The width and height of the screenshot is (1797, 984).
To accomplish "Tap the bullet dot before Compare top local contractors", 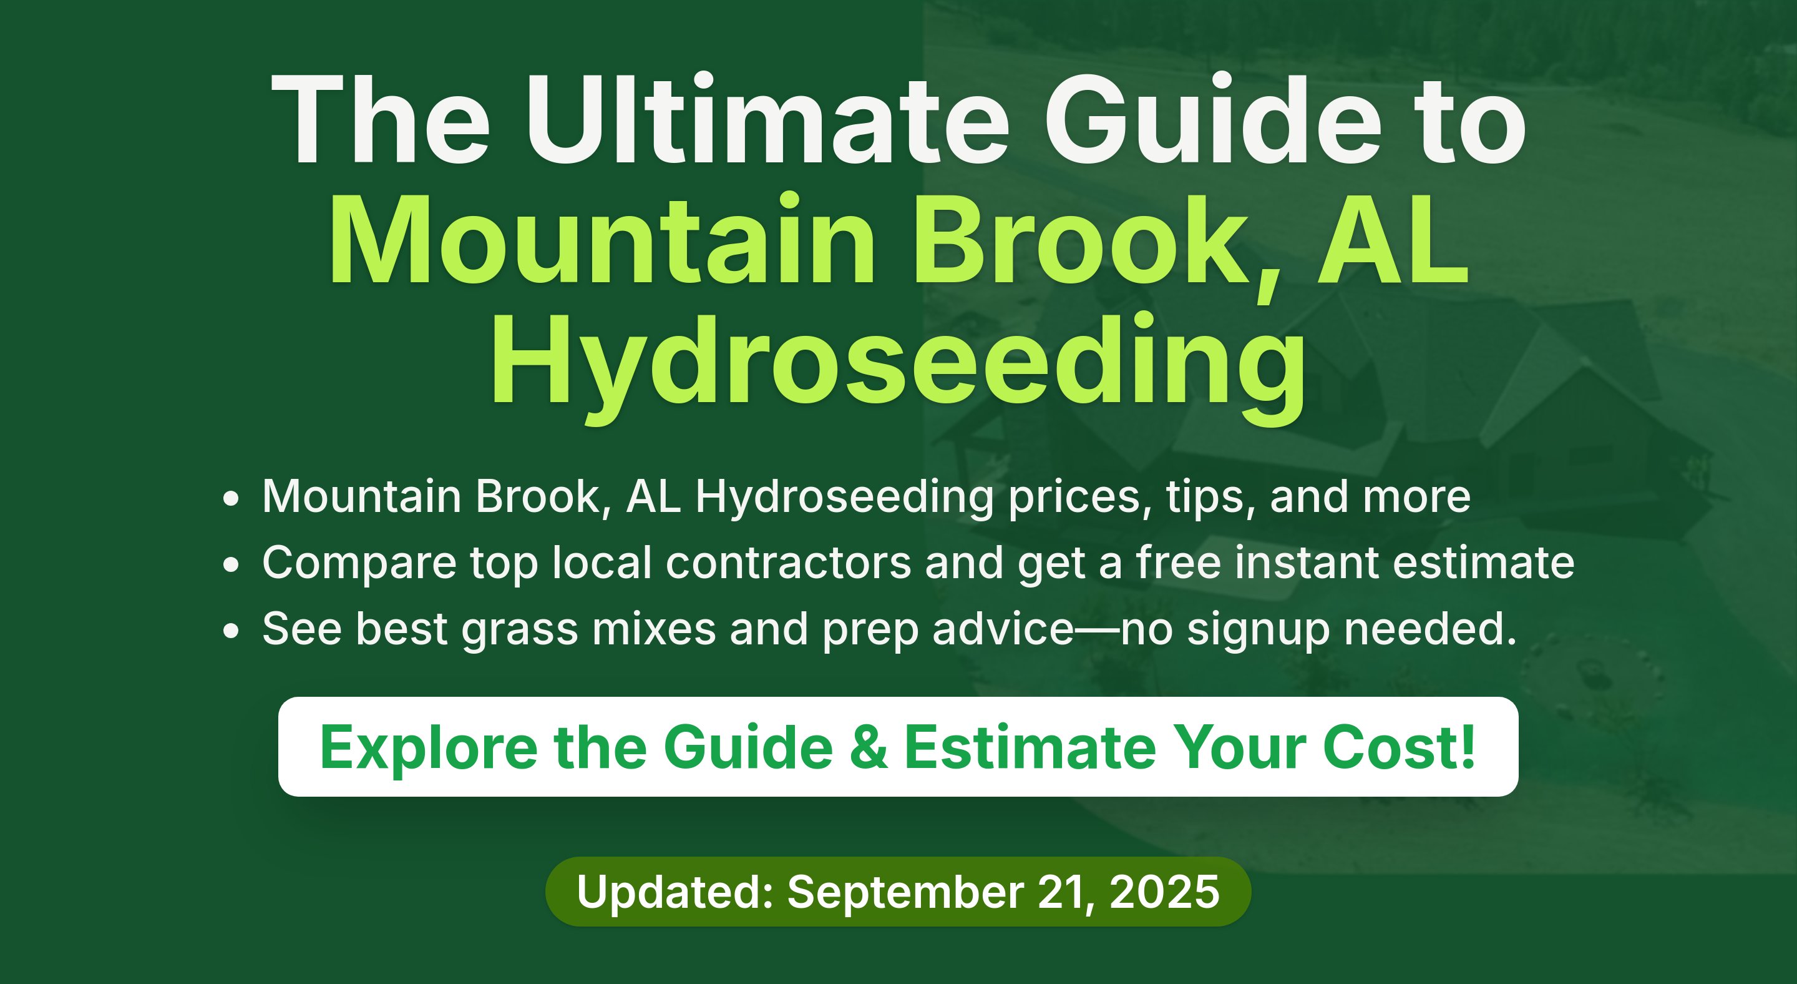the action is pyautogui.click(x=231, y=564).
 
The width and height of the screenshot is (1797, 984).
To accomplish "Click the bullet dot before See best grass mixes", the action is pyautogui.click(x=231, y=631).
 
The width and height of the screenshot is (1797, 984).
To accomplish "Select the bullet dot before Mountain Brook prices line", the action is pyautogui.click(x=231, y=499).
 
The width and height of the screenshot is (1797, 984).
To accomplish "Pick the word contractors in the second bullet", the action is pyautogui.click(x=788, y=563).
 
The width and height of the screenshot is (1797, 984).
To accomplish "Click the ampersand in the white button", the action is pyautogui.click(x=869, y=747).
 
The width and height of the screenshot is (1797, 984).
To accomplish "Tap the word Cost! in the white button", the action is pyautogui.click(x=1400, y=747).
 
